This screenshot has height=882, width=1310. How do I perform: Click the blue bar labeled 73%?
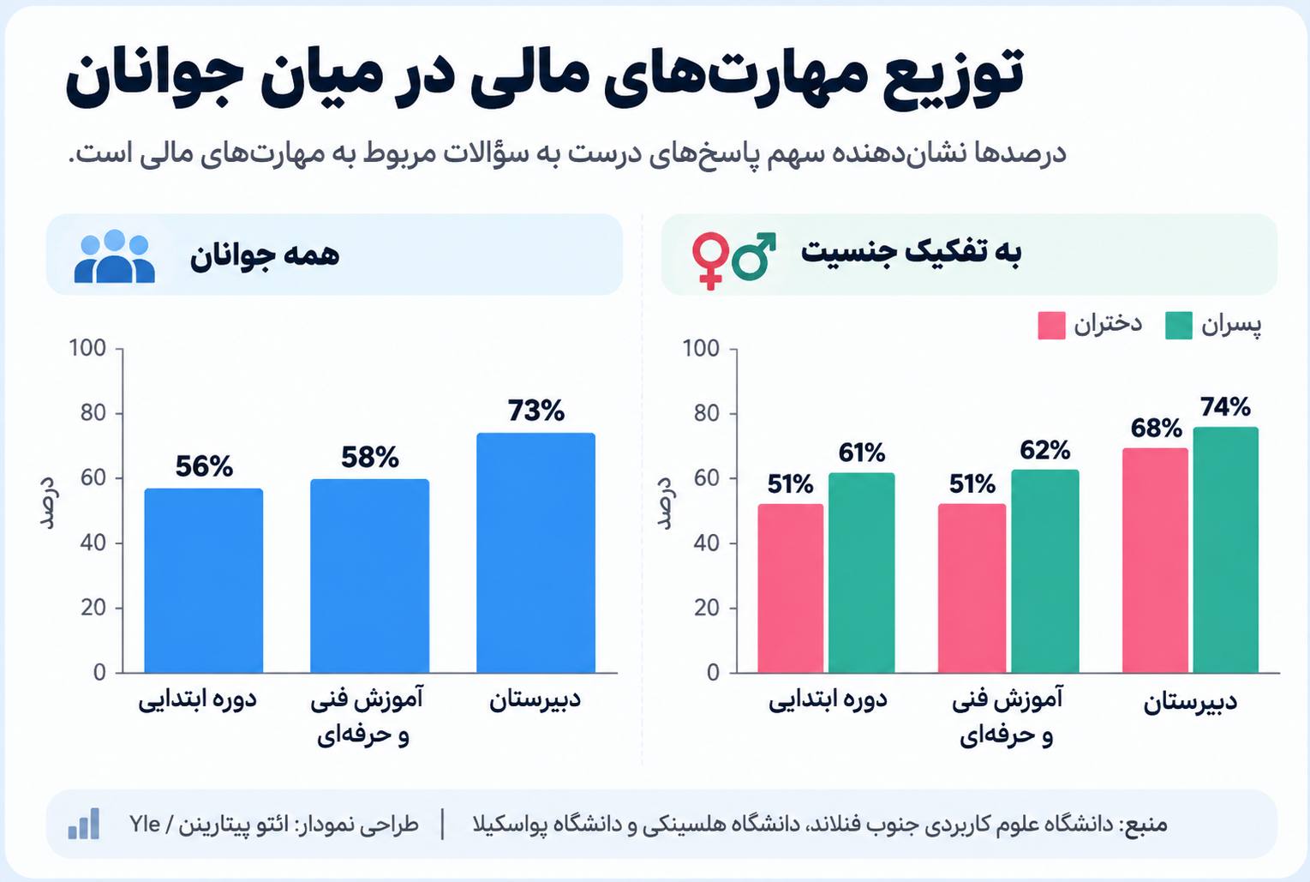pos(535,553)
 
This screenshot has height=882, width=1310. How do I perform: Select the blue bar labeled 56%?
pos(204,580)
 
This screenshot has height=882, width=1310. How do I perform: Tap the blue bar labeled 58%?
pos(369,576)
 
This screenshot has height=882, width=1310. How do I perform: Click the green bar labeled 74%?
pos(1226,549)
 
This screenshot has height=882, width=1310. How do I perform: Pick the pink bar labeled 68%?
pos(1155,560)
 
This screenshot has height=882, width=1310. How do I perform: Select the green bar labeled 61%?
pos(861,573)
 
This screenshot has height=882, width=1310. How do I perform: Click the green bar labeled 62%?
pos(1045,571)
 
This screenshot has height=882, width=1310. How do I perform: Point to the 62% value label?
pos(1045,449)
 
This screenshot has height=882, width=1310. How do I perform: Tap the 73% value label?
pos(536,411)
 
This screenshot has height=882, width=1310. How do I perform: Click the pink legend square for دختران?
pos(1051,326)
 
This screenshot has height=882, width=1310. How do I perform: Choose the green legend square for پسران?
pos(1178,326)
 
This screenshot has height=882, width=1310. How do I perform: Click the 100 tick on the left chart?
pos(87,348)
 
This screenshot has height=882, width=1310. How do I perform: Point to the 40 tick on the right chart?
pos(707,543)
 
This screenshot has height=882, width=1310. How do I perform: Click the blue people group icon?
pos(115,255)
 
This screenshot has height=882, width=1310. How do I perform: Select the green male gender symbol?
pos(754,256)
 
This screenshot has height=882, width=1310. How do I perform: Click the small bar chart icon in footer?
pos(84,824)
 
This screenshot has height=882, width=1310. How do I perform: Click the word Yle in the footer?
pos(145,824)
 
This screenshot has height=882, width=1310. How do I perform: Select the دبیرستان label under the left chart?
pos(535,700)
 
